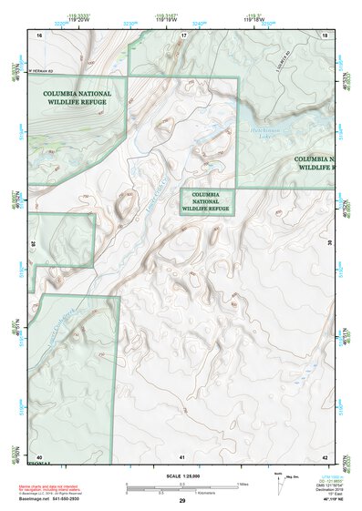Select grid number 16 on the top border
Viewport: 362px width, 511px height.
39,34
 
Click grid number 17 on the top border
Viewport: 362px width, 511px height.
183,34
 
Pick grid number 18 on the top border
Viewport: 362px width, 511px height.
326,34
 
